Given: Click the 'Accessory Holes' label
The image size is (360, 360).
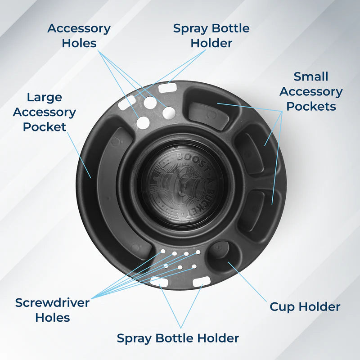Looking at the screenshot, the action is (79, 36).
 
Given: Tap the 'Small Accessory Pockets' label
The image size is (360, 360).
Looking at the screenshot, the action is (311, 91).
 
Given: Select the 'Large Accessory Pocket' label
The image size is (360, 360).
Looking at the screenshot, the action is (45, 112).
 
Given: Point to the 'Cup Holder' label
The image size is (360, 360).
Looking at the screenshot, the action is (305, 307).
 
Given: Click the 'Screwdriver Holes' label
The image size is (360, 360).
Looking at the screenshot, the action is (52, 310).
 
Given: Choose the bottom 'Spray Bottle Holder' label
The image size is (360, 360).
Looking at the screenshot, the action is (178, 338).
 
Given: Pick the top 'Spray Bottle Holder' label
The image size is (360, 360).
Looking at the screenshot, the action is (211, 36).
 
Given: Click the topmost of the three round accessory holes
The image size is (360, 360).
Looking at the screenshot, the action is (150, 103).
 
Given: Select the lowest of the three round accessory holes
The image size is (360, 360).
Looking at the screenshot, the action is (143, 122).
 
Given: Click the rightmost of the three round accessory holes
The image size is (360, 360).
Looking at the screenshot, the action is (169, 113).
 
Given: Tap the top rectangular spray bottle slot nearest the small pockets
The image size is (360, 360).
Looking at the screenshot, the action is (167, 88).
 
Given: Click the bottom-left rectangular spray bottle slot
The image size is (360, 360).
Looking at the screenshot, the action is (159, 282).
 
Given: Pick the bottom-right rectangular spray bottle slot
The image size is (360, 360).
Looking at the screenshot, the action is (202, 282).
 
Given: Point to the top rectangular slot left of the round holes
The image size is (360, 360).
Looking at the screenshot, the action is (126, 102).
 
